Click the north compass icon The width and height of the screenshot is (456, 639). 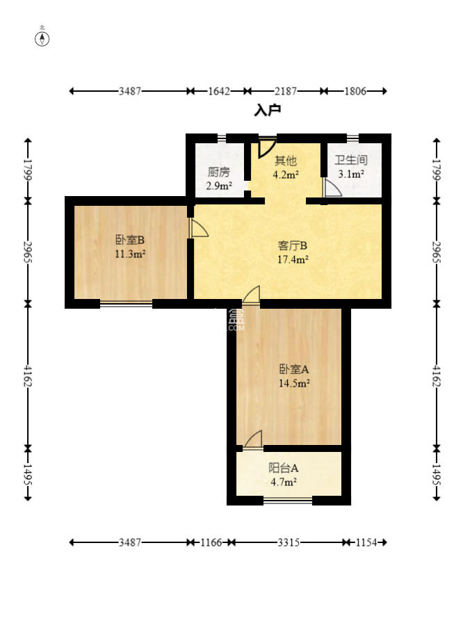tap(42, 38)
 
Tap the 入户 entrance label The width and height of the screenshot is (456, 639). tap(267, 110)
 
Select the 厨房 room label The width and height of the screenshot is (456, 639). tap(218, 172)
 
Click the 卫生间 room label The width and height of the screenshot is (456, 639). tap(350, 160)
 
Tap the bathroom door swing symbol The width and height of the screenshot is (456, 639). tap(332, 188)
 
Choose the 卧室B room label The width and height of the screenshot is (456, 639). tap(130, 241)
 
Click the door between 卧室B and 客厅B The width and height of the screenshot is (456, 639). tap(197, 230)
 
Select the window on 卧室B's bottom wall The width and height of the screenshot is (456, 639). tap(126, 303)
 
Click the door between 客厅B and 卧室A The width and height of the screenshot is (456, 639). tap(251, 296)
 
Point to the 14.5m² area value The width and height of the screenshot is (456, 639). tap(293, 382)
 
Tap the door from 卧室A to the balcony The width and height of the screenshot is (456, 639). tap(253, 439)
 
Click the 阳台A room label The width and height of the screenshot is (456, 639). tap(284, 468)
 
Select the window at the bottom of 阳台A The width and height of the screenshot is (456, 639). tap(288, 500)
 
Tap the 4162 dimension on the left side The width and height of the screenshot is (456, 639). tap(28, 375)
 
